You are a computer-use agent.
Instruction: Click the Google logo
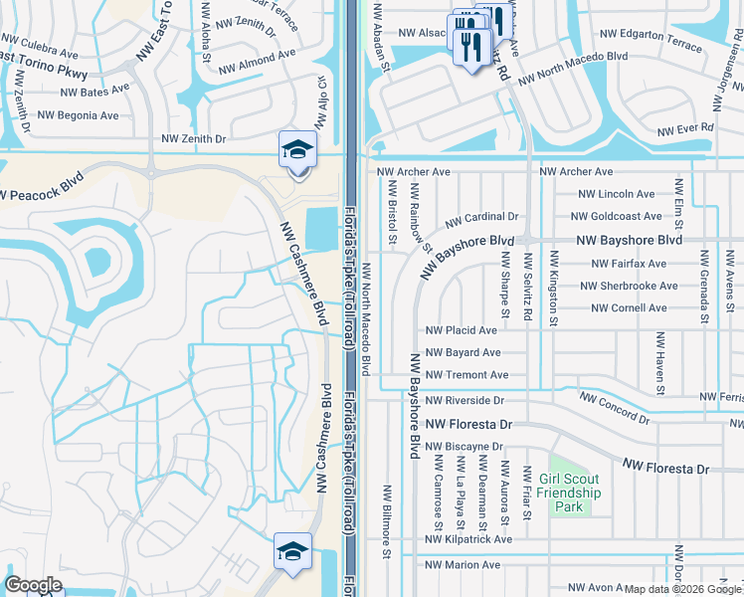click(34, 584)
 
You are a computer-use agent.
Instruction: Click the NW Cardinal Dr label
click(481, 217)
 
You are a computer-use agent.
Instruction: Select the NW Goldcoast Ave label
click(616, 216)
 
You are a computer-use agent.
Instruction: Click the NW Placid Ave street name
click(461, 330)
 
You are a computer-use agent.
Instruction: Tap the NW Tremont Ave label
click(466, 375)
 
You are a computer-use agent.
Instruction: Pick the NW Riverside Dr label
click(465, 400)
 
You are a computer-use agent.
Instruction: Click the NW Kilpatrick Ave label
click(467, 539)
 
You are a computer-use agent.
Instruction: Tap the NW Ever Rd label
click(685, 129)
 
